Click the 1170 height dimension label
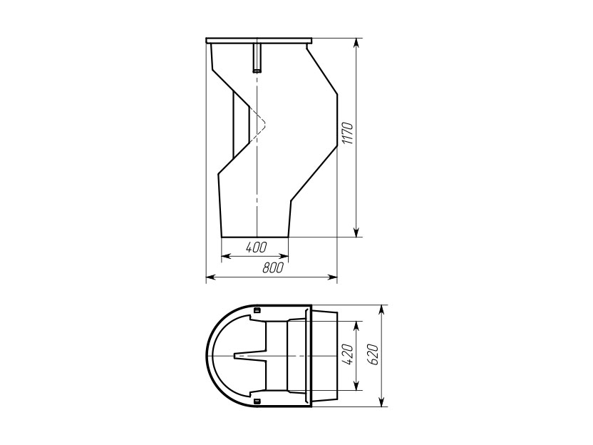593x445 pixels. click(x=347, y=133)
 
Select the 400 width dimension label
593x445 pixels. click(x=256, y=247)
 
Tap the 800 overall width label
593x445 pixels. click(x=273, y=268)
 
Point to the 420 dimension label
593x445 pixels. click(x=348, y=354)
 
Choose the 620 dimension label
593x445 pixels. click(x=373, y=354)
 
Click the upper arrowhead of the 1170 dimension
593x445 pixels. click(x=356, y=43)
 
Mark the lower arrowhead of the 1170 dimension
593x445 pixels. click(x=356, y=232)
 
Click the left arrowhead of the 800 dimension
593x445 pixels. click(x=211, y=277)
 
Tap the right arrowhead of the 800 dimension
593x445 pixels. click(x=332, y=277)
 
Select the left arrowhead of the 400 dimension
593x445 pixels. click(x=226, y=257)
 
